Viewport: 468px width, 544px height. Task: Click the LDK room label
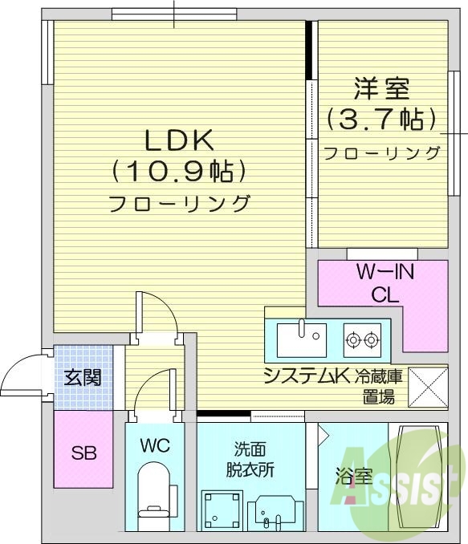[x=178, y=140]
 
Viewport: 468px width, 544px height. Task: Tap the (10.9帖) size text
[x=178, y=171]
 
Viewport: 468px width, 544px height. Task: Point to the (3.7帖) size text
[x=381, y=120]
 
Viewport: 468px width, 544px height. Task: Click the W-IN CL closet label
[x=385, y=282]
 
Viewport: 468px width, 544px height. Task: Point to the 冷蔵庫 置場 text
[x=381, y=385]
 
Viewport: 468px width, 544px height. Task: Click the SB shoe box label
[x=84, y=453]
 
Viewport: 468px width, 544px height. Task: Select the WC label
[x=155, y=446]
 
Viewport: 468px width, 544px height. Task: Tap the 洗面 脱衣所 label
[x=250, y=460]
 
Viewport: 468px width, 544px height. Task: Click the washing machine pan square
[x=220, y=509]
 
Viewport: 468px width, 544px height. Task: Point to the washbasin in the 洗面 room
[x=275, y=512]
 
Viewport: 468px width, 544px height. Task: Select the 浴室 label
[x=353, y=477]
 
